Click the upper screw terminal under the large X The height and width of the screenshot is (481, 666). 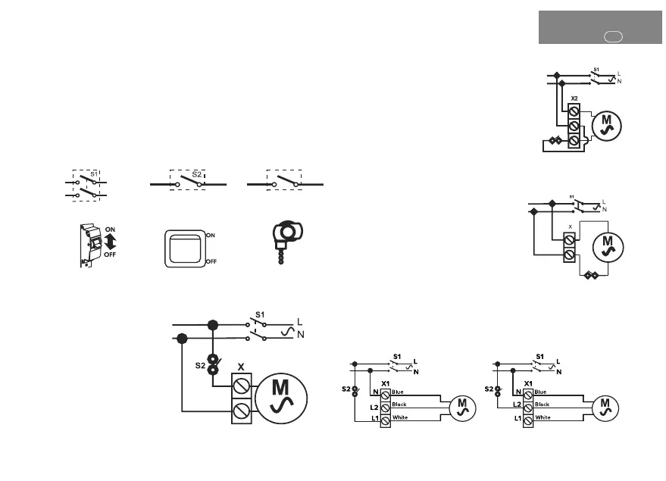click(240, 387)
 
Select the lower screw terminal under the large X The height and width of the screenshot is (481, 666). click(240, 413)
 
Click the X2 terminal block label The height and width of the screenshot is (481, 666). click(574, 99)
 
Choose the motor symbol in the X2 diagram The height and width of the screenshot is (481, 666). click(605, 123)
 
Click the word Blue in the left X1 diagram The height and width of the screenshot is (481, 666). click(399, 392)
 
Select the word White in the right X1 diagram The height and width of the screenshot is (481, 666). click(542, 417)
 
